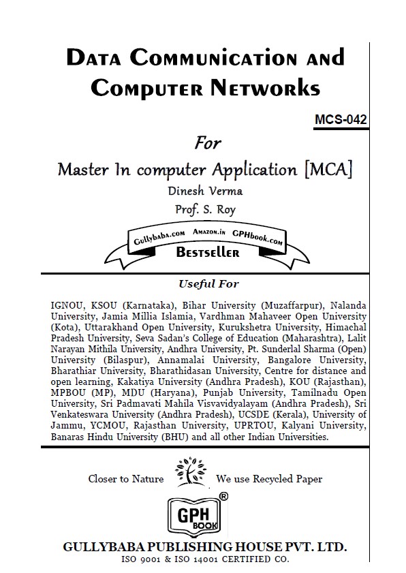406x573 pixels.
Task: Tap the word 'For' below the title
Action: (x=208, y=143)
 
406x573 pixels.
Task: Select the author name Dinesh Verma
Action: (x=204, y=191)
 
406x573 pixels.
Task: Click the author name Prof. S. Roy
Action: (x=204, y=210)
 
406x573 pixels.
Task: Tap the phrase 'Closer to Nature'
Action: (x=126, y=479)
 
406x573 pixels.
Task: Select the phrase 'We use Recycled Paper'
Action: (x=269, y=479)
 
